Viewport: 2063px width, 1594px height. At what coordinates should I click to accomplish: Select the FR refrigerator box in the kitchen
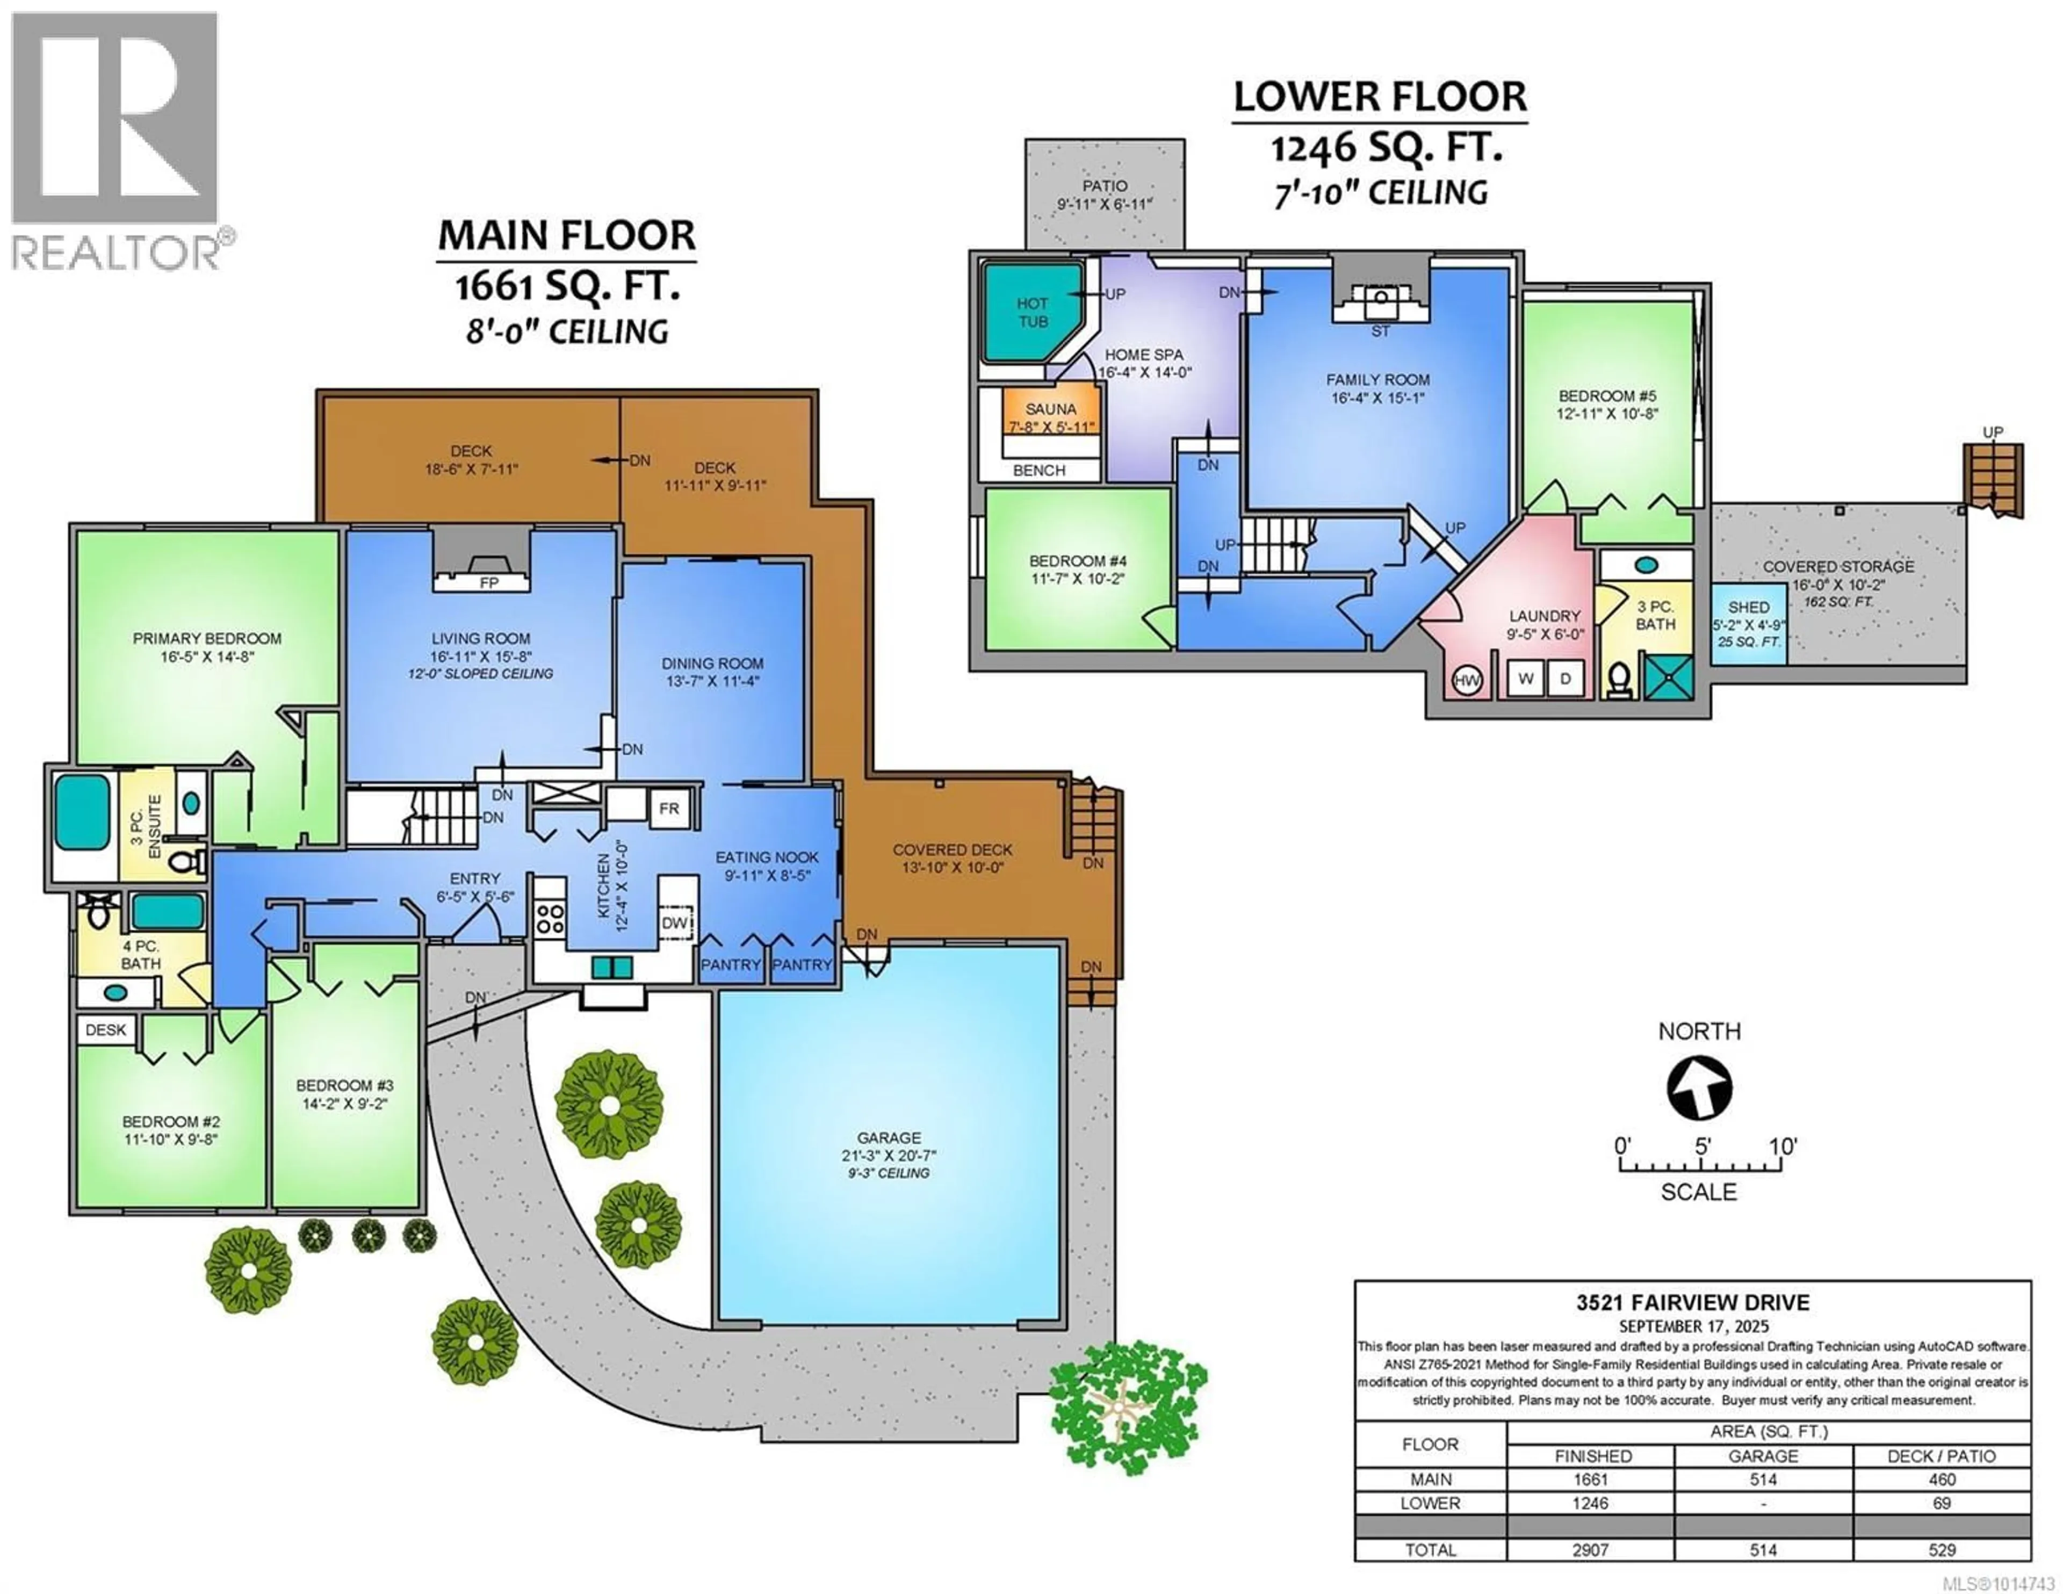pos(669,809)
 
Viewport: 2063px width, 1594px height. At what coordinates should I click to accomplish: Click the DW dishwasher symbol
pos(674,923)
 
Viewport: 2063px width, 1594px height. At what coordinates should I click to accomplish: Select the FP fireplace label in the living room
pos(488,583)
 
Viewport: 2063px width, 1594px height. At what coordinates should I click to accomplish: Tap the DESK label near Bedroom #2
pos(106,1030)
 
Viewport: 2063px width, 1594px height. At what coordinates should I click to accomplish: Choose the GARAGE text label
pos(889,1138)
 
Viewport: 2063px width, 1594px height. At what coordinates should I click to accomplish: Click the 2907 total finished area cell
pos(1591,1549)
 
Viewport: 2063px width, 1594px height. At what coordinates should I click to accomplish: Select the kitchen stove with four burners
pos(550,918)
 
